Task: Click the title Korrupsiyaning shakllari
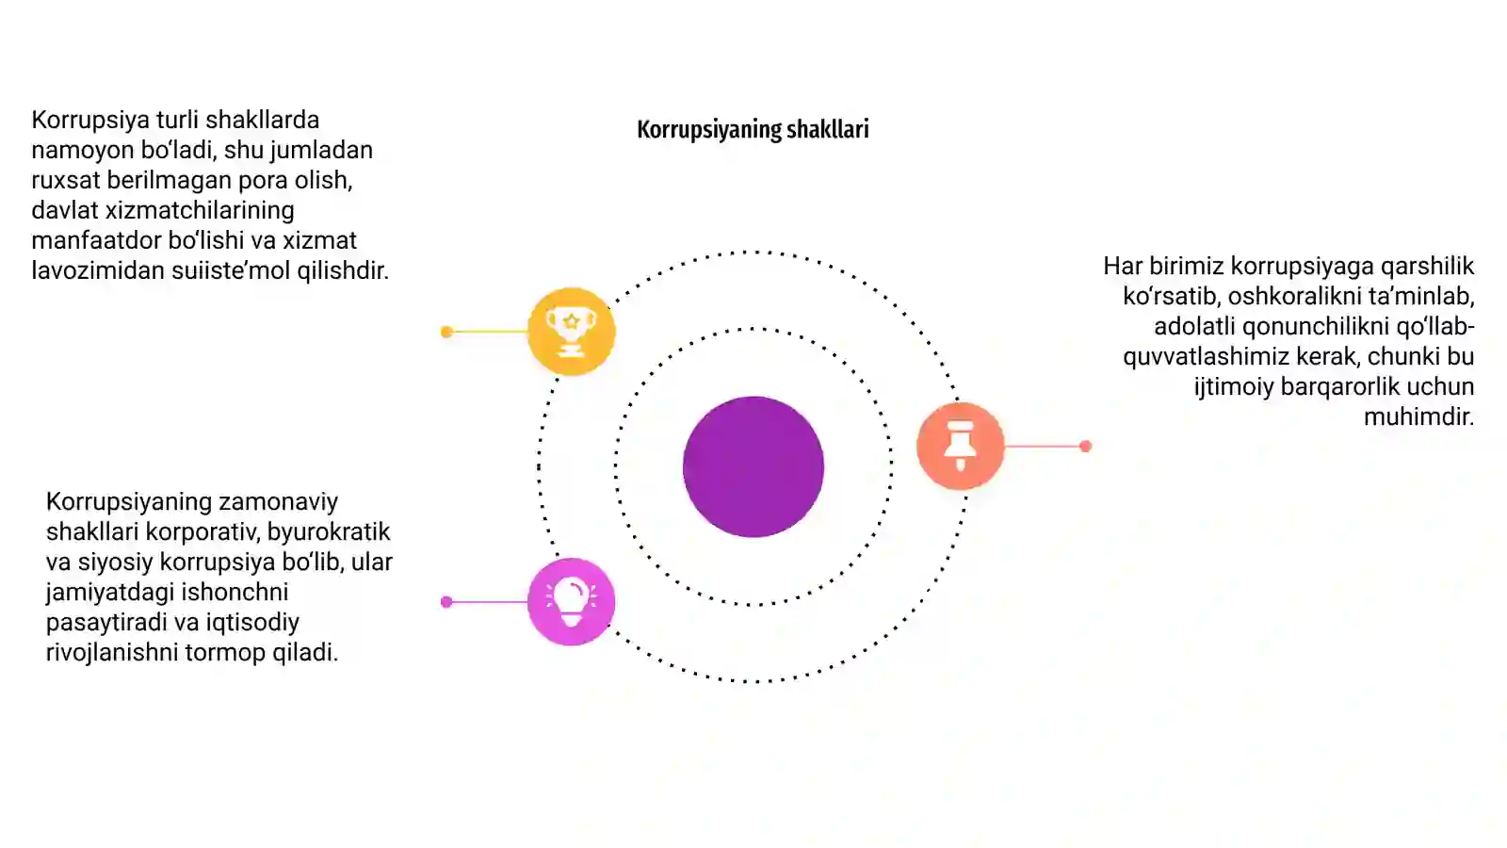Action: [753, 130]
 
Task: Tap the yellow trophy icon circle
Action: [571, 331]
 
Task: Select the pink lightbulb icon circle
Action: [571, 602]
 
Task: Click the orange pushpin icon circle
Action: [960, 446]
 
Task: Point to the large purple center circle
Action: [753, 466]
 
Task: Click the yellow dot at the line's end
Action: [446, 332]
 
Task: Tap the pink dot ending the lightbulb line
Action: [446, 602]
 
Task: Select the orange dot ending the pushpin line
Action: [1085, 447]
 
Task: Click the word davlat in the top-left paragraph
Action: [65, 210]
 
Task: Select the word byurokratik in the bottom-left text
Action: [329, 531]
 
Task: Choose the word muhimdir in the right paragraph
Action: [1418, 416]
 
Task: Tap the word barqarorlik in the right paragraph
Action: [1337, 386]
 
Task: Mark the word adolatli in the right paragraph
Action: [1194, 326]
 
